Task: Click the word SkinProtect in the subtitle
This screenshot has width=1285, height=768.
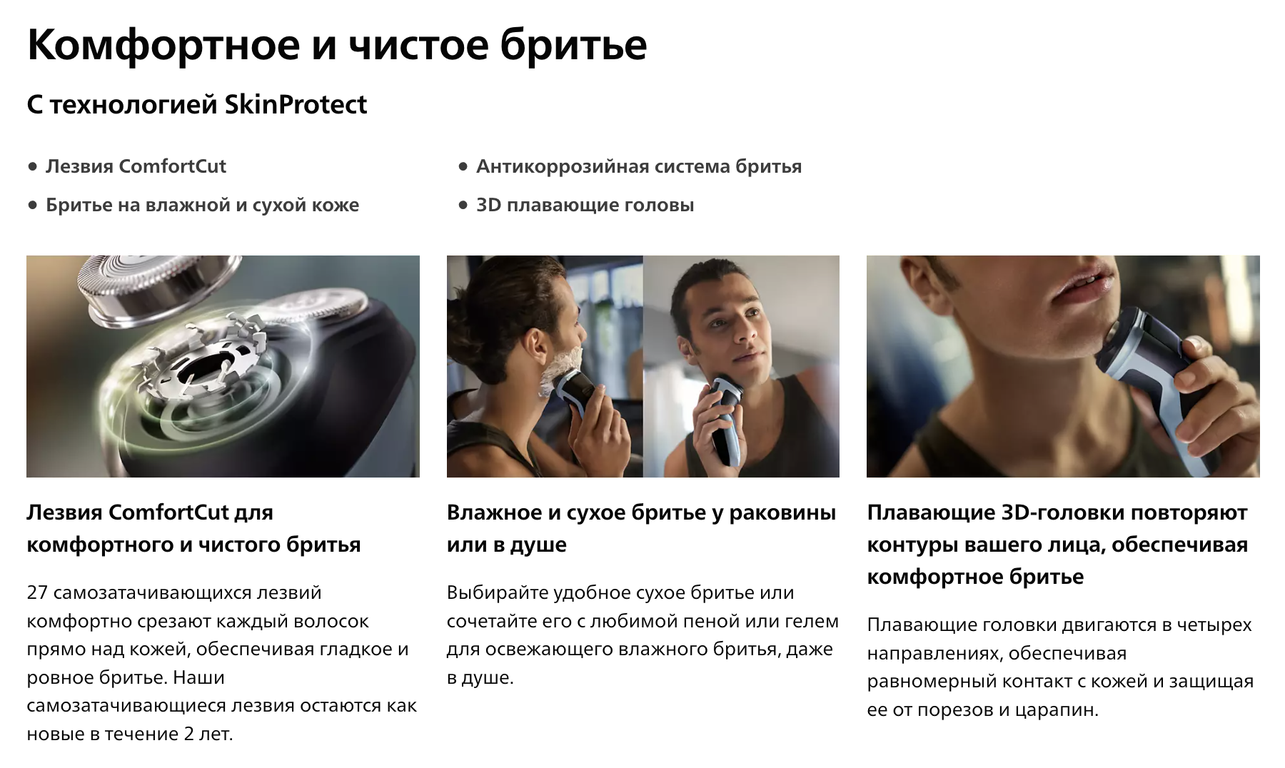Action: pyautogui.click(x=296, y=105)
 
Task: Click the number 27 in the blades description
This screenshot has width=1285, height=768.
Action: pyautogui.click(x=37, y=592)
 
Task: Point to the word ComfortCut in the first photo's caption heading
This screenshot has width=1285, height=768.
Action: pyautogui.click(x=168, y=512)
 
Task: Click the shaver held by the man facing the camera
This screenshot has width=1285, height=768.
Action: pyautogui.click(x=725, y=420)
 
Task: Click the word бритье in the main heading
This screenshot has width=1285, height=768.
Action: pyautogui.click(x=573, y=44)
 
